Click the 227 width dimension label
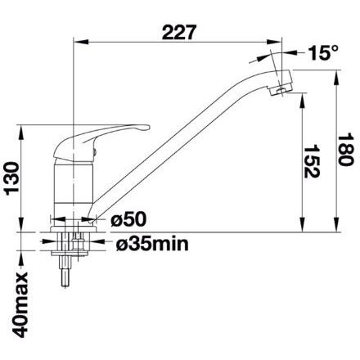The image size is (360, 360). point(179,33)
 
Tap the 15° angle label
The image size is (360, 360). point(323,52)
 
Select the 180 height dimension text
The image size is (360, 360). point(345,150)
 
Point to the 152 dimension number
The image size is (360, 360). point(312,161)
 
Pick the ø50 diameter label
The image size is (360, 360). point(128,219)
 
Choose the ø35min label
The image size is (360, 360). point(152,244)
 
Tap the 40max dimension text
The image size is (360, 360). point(20,305)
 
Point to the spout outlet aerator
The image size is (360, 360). point(280,90)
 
